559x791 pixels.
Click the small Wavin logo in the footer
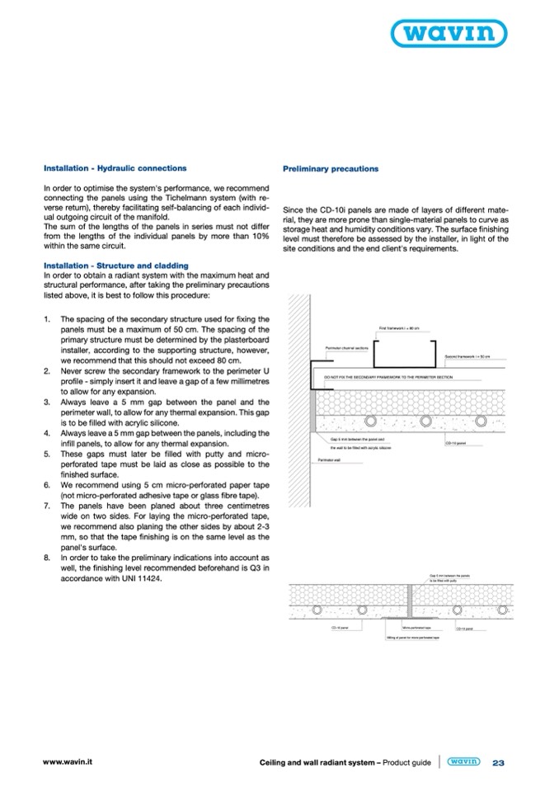463,762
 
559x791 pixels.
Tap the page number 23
498,763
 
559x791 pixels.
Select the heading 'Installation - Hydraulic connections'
115,168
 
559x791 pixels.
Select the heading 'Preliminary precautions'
331,168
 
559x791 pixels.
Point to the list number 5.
47,453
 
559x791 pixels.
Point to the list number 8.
47,558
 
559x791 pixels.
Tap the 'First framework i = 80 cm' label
399,328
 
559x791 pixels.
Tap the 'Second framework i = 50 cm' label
467,356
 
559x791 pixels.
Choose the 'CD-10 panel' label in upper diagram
456,443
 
